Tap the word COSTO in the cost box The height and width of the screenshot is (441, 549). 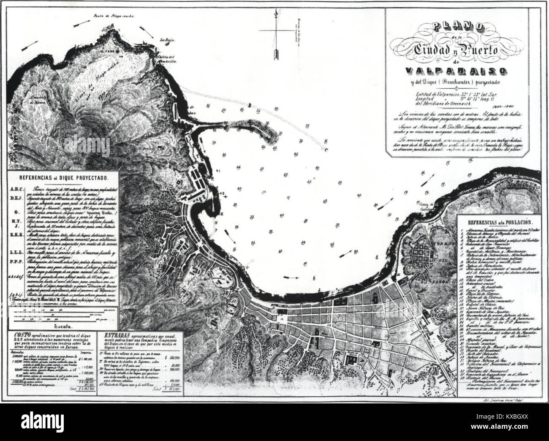click(x=22, y=335)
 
